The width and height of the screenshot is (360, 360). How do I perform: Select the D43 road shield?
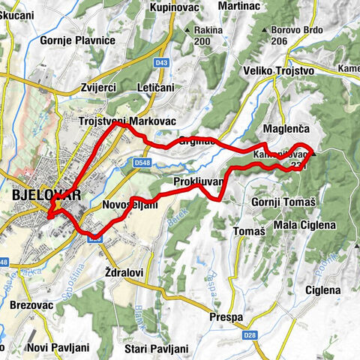click(160, 62)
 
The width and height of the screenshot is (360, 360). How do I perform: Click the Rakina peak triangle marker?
click(187, 31)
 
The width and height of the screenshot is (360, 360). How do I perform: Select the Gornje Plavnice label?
click(78, 40)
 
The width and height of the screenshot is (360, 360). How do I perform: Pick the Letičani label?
click(155, 87)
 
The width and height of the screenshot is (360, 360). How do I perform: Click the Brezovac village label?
click(31, 305)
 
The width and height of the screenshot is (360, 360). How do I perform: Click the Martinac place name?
click(238, 6)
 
